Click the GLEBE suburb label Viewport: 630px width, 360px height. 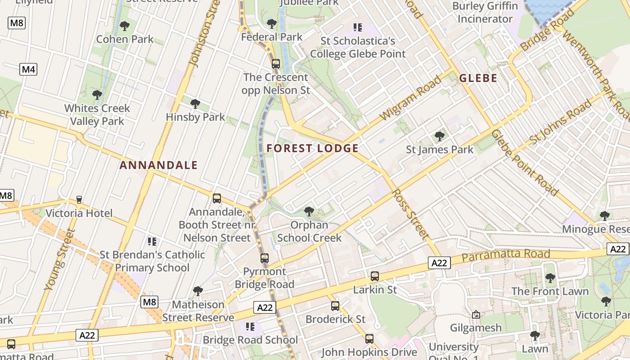coord(478,78)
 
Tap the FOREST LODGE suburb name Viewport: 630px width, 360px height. coord(312,148)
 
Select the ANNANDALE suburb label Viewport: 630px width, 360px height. coord(158,165)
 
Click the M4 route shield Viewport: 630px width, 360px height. coord(28,69)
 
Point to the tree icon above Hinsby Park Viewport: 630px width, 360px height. coord(195,104)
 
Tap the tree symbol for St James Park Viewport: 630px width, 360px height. coord(439,136)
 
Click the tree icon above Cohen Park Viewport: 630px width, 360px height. coord(125,26)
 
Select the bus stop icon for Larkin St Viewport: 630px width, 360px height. coord(374,276)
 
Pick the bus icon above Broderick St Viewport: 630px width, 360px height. coord(335,306)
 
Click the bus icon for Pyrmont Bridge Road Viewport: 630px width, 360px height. coord(265,258)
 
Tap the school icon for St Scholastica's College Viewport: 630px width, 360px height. coord(358,27)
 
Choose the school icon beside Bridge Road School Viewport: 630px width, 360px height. coord(250,326)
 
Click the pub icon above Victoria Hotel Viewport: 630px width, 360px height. coord(79,199)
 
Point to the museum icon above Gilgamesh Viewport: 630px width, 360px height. coord(476,315)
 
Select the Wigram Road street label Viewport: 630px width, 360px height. coord(410,98)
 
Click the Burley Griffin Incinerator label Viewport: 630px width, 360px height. coord(485,13)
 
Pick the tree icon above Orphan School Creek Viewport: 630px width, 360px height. coord(309,211)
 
